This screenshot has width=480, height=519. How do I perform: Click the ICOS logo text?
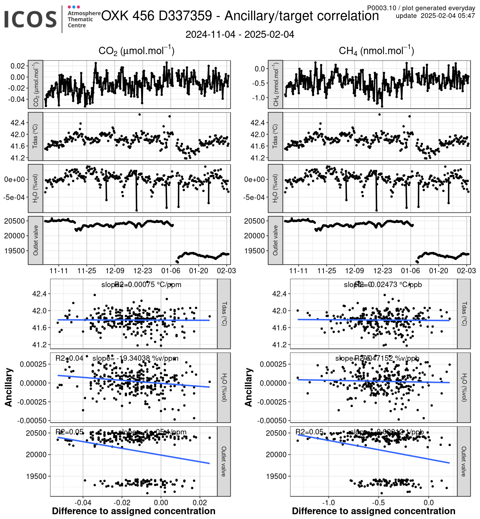click(x=30, y=19)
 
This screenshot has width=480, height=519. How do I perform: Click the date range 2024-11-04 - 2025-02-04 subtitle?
click(x=240, y=35)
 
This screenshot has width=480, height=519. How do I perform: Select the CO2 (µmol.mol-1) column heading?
click(x=136, y=51)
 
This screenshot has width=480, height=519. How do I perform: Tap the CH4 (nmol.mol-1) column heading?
click(x=376, y=51)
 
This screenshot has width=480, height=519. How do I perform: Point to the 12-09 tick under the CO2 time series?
click(x=115, y=271)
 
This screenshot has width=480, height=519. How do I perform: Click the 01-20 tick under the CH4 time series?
click(x=438, y=271)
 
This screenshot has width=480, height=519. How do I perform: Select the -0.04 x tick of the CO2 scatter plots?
click(x=83, y=502)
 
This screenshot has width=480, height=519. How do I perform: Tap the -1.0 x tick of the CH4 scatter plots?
click(x=328, y=502)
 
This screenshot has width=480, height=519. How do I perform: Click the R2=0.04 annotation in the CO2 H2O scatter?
click(x=69, y=358)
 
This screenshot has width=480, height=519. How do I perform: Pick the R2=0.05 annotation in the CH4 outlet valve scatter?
click(x=309, y=432)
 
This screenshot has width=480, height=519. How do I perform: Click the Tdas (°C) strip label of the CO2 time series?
click(x=36, y=136)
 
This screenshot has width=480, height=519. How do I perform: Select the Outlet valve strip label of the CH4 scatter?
click(x=464, y=461)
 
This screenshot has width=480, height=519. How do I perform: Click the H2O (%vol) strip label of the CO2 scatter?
click(x=224, y=387)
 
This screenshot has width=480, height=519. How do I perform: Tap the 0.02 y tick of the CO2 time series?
click(x=18, y=66)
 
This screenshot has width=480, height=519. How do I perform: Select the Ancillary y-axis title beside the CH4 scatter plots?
click(x=249, y=387)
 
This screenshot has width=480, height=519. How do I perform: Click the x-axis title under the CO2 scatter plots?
click(x=134, y=511)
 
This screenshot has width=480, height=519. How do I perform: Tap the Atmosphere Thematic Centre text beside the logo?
click(x=84, y=19)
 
